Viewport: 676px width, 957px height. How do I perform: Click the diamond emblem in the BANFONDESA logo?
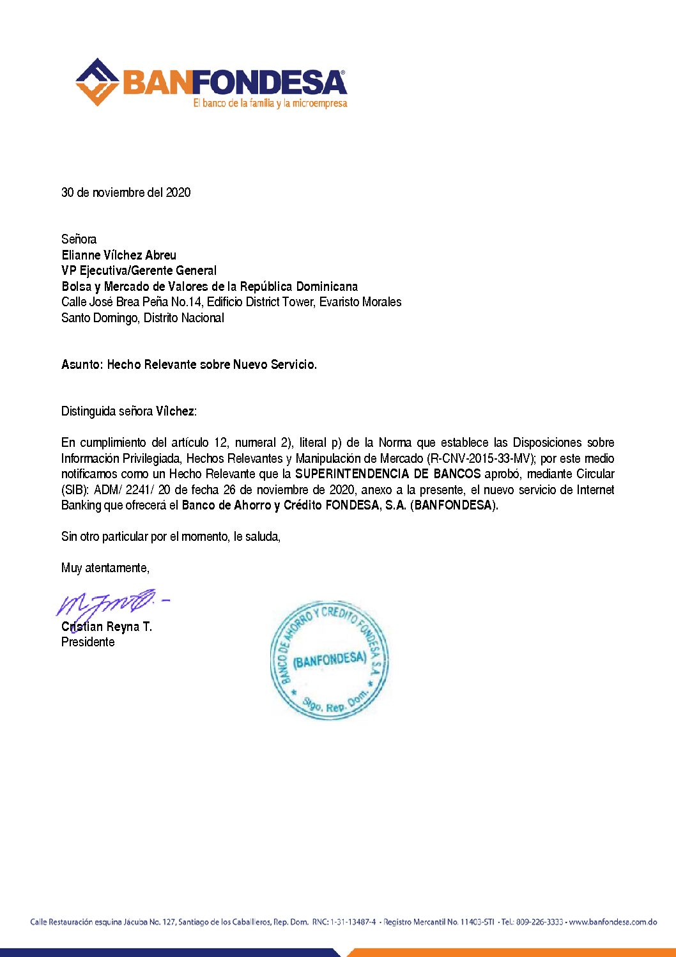tap(97, 82)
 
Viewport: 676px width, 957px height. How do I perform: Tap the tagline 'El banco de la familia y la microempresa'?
tap(270, 103)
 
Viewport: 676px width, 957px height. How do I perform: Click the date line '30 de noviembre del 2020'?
tap(126, 192)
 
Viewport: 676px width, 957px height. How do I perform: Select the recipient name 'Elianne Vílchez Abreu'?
tap(119, 255)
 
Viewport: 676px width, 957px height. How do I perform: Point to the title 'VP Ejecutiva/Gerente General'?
tap(139, 270)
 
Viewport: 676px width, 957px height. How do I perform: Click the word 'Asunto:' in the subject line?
tap(82, 364)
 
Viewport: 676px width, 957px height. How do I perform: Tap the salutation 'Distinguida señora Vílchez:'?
tap(129, 411)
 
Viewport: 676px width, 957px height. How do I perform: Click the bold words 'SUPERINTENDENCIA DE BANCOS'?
tap(388, 474)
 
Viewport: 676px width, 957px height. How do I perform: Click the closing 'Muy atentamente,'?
tap(105, 568)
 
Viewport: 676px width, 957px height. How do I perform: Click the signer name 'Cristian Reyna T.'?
tap(107, 626)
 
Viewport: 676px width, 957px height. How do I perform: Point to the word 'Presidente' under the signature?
tap(88, 642)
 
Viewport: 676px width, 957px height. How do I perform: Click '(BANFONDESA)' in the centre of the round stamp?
tap(330, 659)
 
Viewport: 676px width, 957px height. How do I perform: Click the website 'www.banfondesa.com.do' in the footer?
tap(613, 922)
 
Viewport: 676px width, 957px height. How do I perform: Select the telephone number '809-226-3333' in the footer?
tap(540, 922)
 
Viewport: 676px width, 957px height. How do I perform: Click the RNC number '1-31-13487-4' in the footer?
tap(353, 922)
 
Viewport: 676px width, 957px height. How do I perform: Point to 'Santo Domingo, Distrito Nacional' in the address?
tap(142, 318)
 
